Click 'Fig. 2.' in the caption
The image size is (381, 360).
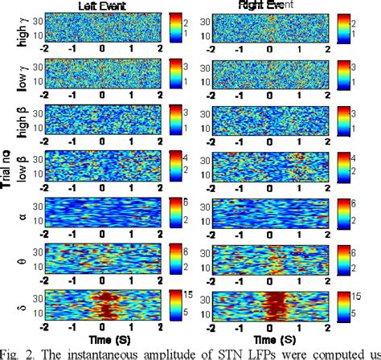click(x=18, y=352)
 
